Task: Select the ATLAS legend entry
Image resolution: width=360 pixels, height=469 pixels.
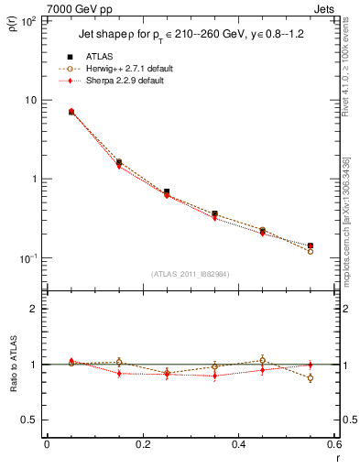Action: (x=101, y=57)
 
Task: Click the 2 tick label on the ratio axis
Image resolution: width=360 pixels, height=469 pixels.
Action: (x=34, y=309)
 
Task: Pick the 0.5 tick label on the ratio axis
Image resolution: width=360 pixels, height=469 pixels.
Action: (x=29, y=420)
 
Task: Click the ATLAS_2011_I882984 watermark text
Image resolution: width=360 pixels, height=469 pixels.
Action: (x=191, y=273)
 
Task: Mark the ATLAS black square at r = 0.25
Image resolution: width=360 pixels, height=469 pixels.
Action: (x=167, y=191)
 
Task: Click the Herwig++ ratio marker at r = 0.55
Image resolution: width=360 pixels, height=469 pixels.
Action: (x=310, y=377)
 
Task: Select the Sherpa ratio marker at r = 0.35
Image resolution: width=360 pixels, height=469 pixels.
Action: (x=214, y=376)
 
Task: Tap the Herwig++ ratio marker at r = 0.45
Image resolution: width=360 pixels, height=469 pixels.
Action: (x=262, y=360)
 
